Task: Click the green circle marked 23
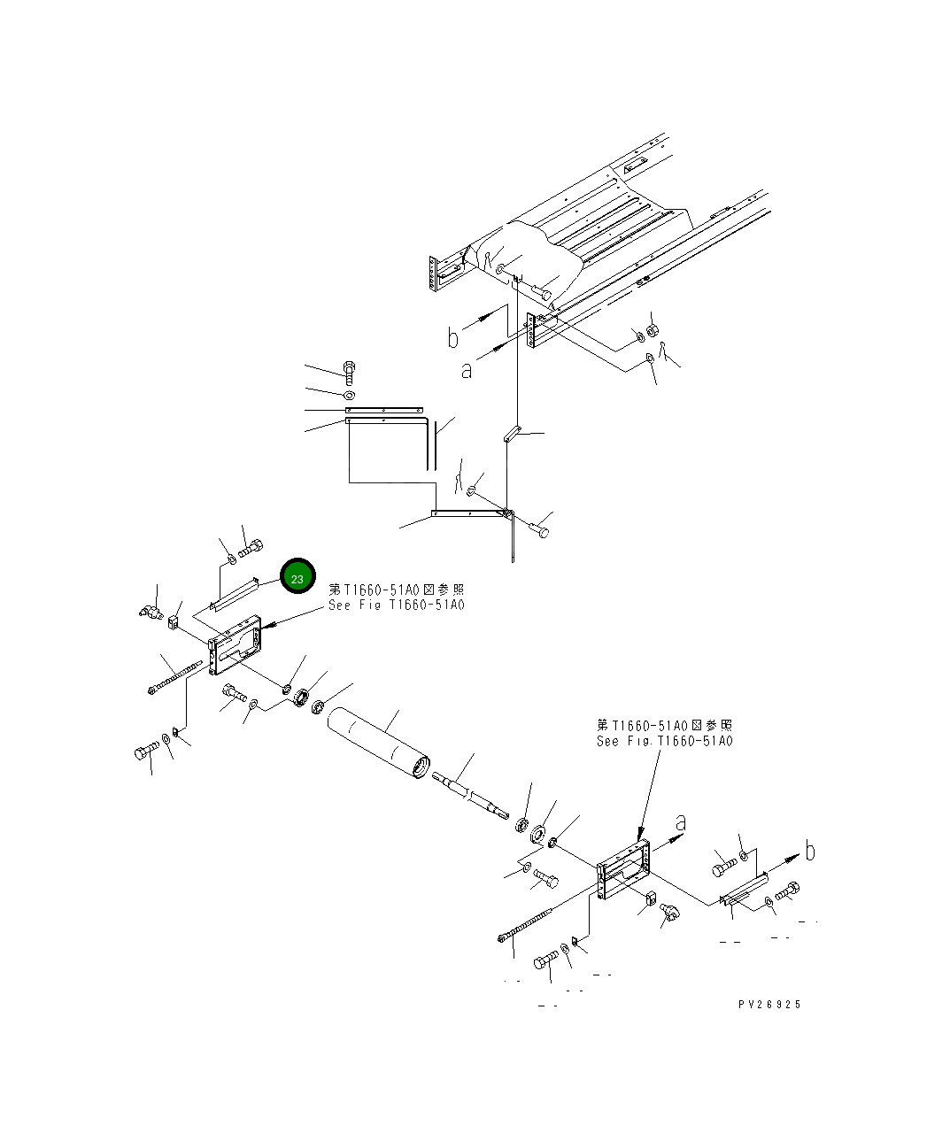pos(297,578)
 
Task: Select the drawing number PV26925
pos(769,1005)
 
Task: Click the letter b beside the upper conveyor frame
pos(453,336)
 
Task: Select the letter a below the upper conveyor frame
pos(467,370)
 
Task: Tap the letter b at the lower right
pos(809,852)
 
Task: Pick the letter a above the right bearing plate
pos(679,823)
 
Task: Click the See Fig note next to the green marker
pos(396,605)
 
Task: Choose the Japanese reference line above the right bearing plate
pos(665,726)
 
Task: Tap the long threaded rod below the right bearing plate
pos(529,924)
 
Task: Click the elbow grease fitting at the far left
pos(147,610)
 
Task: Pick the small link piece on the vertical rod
pos(512,434)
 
